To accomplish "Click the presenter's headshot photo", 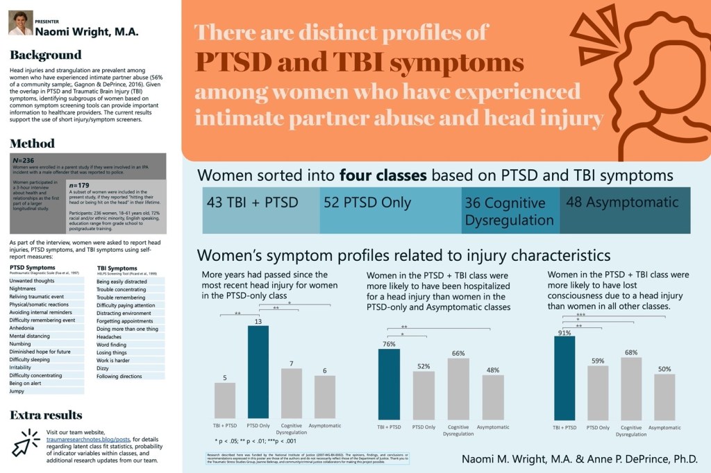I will pyautogui.click(x=21, y=23).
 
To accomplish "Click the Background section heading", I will pyautogui.click(x=46, y=55).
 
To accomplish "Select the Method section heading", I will pyautogui.click(x=32, y=144).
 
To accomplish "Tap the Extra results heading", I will pyautogui.click(x=46, y=415).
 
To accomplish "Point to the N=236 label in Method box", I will pyautogui.click(x=24, y=160).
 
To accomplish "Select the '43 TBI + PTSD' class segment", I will pyautogui.click(x=253, y=203).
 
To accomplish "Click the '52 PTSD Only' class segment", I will pyautogui.click(x=368, y=203).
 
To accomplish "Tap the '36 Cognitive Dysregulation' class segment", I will pyautogui.click(x=510, y=211).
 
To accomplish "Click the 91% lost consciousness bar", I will pyautogui.click(x=564, y=377).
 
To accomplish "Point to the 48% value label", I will pyautogui.click(x=492, y=370).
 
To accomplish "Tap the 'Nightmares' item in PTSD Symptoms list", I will pyautogui.click(x=24, y=289).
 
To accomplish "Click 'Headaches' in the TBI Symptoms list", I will pyautogui.click(x=109, y=336).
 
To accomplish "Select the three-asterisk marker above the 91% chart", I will pyautogui.click(x=580, y=315).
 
